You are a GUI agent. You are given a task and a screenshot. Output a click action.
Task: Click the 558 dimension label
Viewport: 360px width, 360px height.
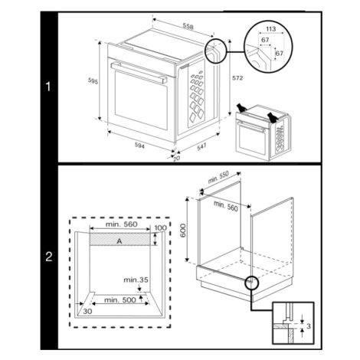pos(188,26)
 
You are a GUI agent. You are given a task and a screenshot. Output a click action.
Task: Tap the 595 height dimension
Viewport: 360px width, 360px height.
pos(93,80)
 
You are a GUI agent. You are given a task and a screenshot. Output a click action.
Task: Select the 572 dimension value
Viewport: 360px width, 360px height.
pos(237,78)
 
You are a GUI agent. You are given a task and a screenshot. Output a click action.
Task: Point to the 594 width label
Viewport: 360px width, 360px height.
pos(139,146)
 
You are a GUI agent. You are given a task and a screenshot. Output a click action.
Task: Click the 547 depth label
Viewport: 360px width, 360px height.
pos(201,147)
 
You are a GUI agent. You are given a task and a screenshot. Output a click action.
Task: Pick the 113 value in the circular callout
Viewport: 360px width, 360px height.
pos(271,28)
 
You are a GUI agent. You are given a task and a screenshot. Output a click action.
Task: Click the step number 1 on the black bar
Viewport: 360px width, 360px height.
pos(48,87)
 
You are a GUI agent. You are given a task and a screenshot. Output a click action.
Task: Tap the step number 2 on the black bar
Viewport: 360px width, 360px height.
pos(48,257)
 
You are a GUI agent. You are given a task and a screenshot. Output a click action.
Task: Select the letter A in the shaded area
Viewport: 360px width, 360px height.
pos(119,241)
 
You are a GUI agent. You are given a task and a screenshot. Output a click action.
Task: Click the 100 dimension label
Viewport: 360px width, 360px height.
pos(160,227)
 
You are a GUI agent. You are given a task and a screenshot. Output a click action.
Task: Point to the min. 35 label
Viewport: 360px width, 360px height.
pos(136,280)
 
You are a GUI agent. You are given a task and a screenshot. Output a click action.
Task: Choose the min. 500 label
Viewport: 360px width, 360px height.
pos(120,299)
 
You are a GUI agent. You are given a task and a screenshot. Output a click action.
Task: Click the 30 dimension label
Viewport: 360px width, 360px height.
pos(87,311)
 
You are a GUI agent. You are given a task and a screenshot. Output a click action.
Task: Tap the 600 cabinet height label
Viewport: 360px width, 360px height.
pos(183,231)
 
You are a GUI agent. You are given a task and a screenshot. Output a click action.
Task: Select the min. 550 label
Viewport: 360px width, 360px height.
pos(218,177)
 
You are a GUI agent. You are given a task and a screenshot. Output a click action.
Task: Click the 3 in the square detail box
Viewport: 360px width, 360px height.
pos(309,326)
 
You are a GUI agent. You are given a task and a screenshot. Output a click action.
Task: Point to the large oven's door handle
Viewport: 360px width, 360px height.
pos(139,72)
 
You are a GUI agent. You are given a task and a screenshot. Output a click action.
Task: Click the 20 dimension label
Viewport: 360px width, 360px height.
pos(176,159)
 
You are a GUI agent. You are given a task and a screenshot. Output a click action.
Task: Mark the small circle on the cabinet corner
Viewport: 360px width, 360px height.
pos(252,283)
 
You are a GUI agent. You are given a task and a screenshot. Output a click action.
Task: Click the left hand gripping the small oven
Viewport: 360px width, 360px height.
pos(241,107)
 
